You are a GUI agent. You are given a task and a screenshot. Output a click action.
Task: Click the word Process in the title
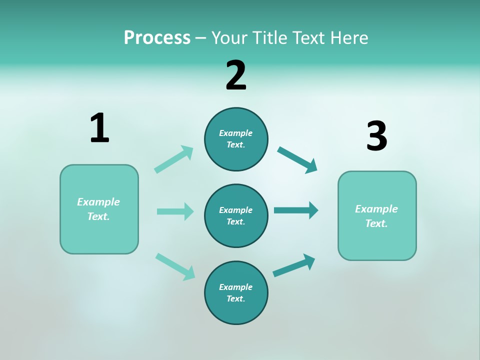(157, 38)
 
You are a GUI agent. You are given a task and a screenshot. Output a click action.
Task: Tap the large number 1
(99, 128)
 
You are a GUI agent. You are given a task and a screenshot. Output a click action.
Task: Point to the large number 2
(236, 75)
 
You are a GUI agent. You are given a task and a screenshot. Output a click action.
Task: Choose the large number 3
(377, 136)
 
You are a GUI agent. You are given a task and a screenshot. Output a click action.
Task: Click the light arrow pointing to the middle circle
(175, 211)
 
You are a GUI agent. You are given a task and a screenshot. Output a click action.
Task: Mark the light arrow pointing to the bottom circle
(175, 266)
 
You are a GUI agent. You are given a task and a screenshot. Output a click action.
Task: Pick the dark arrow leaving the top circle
(297, 160)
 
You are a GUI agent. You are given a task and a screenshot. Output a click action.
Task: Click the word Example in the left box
(98, 202)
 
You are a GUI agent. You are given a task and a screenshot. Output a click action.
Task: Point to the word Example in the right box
(376, 209)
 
